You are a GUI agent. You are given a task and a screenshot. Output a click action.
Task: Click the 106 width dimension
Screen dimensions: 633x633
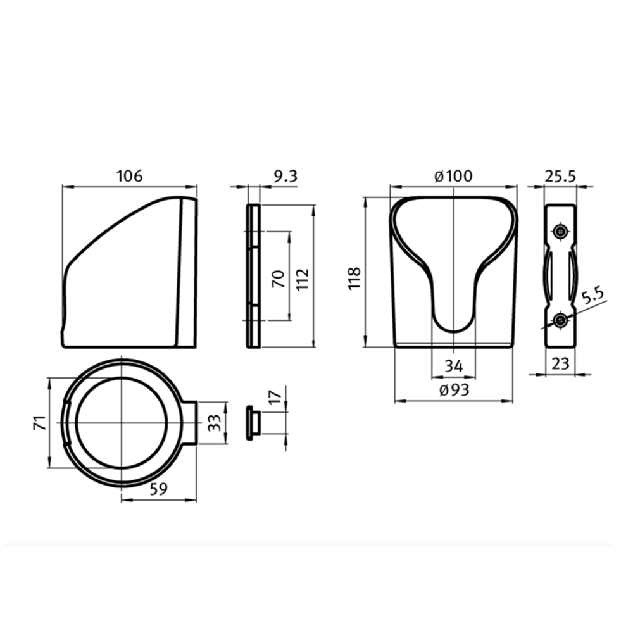tap(129, 176)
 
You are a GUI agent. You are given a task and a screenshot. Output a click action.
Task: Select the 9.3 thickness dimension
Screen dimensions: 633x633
tap(284, 177)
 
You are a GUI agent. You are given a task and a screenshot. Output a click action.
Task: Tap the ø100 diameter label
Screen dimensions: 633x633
tap(453, 177)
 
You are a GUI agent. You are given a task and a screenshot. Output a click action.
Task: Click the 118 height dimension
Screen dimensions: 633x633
tap(354, 279)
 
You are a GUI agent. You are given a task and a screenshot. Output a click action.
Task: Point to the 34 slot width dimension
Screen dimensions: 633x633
tap(453, 366)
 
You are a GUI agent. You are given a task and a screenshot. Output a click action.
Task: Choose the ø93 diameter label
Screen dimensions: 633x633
tap(453, 390)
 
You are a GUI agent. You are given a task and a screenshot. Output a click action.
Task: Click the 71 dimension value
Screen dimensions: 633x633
tap(39, 423)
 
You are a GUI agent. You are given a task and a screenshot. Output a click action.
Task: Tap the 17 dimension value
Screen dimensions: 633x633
tap(275, 399)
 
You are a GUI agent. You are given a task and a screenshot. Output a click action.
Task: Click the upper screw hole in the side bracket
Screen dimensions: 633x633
tap(560, 231)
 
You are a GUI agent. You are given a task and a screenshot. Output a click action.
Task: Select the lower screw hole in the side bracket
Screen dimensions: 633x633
tap(560, 321)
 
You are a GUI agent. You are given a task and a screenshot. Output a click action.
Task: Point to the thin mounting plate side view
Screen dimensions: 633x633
tap(253, 276)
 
